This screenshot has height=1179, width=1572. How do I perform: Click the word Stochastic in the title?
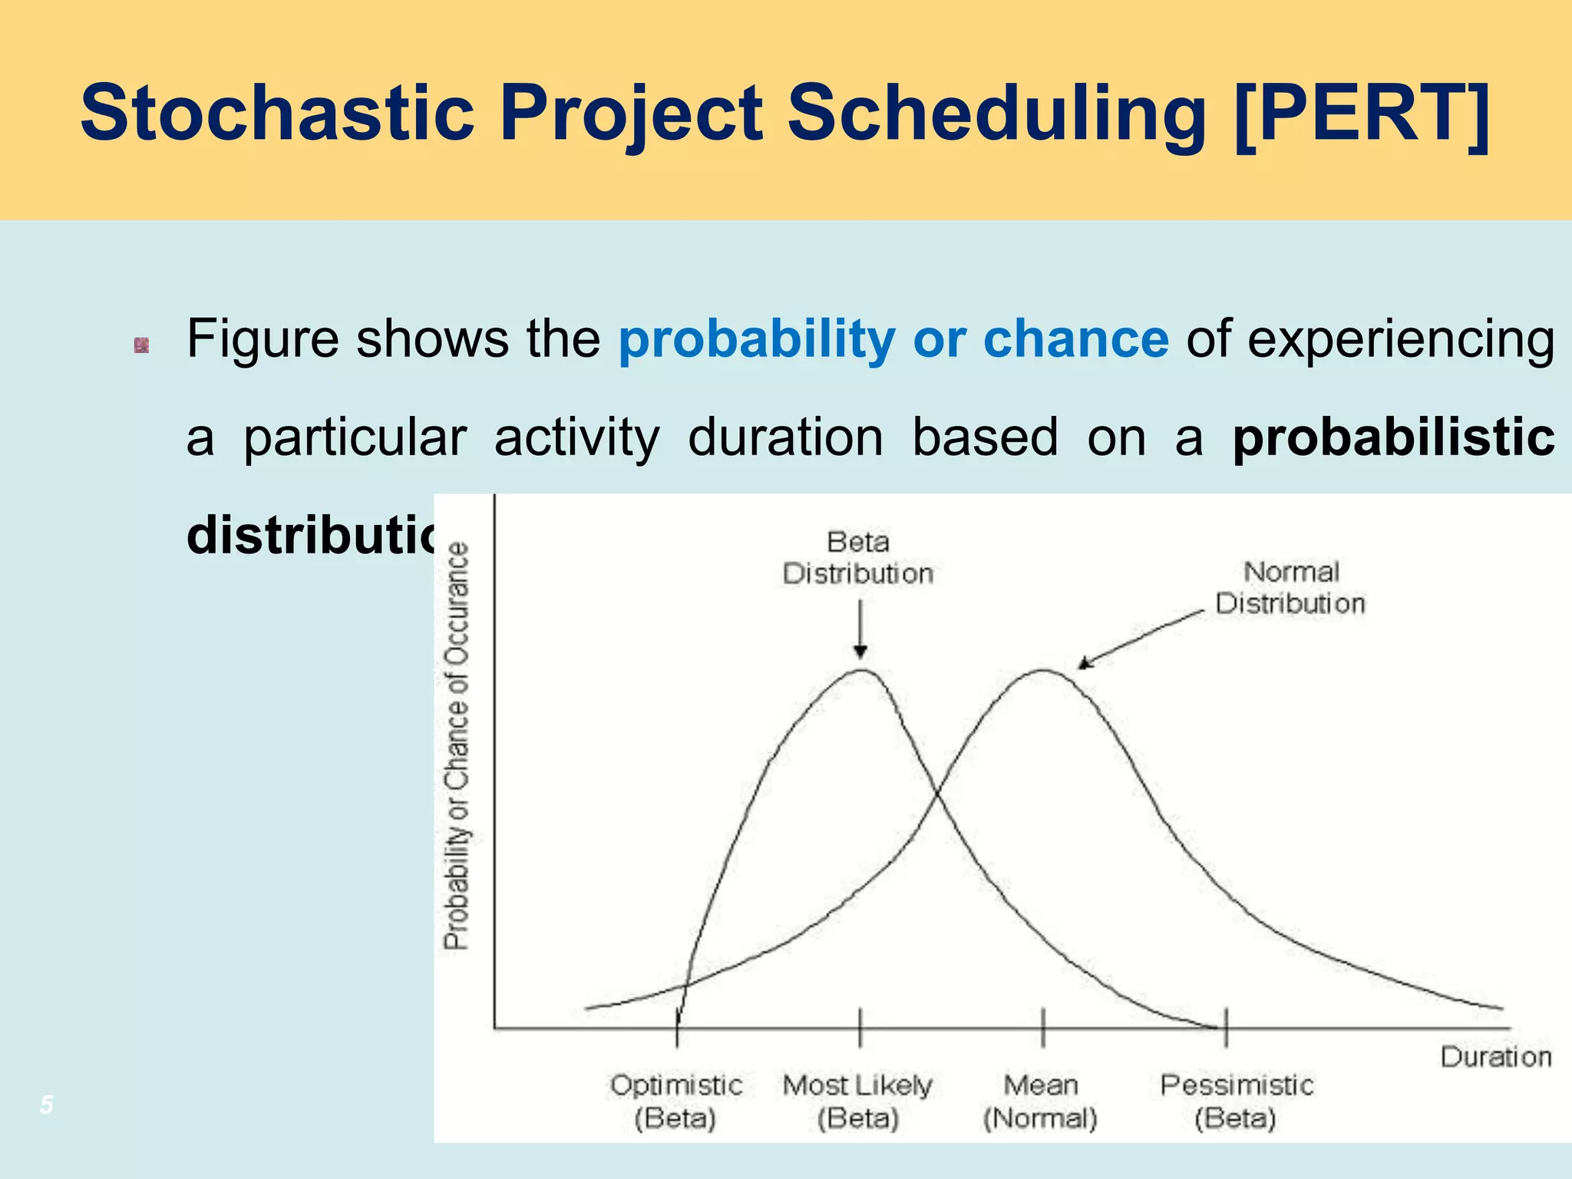tap(276, 114)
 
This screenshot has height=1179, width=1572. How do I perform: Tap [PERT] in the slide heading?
tap(1362, 114)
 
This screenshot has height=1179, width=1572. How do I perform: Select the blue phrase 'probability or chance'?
tap(893, 339)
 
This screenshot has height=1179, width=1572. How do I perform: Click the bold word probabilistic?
tap(1393, 438)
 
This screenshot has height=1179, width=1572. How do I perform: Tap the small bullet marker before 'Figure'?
tap(141, 345)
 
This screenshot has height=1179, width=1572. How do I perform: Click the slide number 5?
tap(47, 1105)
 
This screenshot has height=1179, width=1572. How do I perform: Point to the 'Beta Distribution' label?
tap(858, 558)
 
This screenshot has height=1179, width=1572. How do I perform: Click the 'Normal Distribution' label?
tap(1290, 588)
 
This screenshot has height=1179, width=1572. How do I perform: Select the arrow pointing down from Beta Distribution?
tap(860, 629)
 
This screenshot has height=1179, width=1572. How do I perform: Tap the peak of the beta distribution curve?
tap(863, 671)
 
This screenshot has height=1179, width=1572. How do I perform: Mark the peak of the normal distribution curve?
tap(1044, 671)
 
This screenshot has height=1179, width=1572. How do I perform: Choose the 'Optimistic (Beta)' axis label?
tap(676, 1101)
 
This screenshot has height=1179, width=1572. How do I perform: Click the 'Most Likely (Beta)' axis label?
tap(858, 1101)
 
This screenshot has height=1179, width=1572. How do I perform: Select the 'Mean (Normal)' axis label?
tap(1041, 1101)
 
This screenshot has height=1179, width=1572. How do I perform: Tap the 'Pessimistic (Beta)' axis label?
tap(1236, 1101)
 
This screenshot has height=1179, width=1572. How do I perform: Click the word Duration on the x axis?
tap(1495, 1058)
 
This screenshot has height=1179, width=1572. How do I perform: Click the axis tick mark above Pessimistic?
tap(1226, 1027)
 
